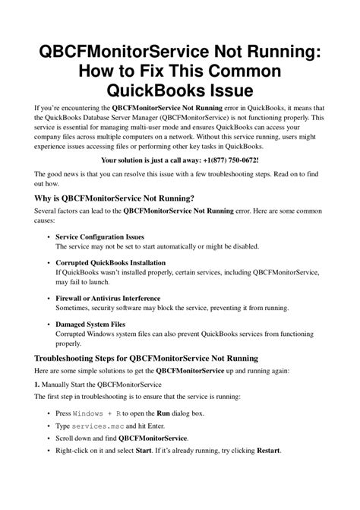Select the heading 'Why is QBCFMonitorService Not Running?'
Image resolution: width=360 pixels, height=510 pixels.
click(114, 198)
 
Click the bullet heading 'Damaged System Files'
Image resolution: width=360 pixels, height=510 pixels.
click(90, 324)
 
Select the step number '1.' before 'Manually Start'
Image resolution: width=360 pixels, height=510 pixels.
click(38, 384)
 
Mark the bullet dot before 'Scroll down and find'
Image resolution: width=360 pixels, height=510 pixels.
click(48, 439)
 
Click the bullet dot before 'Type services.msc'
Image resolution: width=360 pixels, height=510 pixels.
click(48, 426)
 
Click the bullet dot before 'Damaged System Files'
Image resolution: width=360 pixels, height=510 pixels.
click(48, 324)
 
